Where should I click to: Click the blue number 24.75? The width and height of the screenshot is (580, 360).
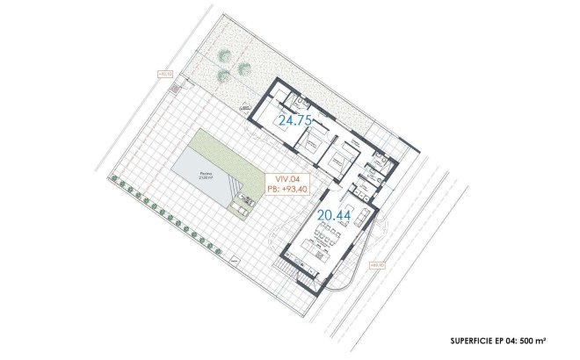tap(295, 121)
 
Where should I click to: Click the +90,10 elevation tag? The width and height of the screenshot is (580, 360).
tap(163, 75)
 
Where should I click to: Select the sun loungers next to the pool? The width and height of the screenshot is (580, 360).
tap(241, 206)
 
